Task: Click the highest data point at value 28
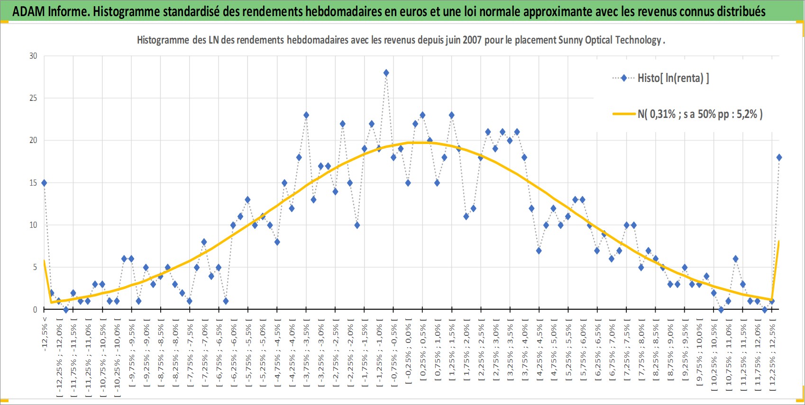[x=386, y=73]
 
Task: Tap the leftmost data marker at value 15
[x=44, y=183]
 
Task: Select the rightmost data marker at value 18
[x=779, y=158]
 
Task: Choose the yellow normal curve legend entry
[x=687, y=114]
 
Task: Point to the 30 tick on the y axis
[x=33, y=56]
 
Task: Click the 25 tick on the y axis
[x=33, y=99]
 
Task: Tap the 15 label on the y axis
[x=33, y=183]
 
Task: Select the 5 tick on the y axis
[x=35, y=268]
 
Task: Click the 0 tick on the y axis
[x=35, y=309]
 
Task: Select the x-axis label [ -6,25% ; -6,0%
[x=233, y=355]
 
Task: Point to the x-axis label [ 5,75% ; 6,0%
[x=583, y=355]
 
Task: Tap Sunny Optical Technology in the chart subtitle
[x=610, y=40]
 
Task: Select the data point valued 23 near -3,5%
[x=306, y=115]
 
